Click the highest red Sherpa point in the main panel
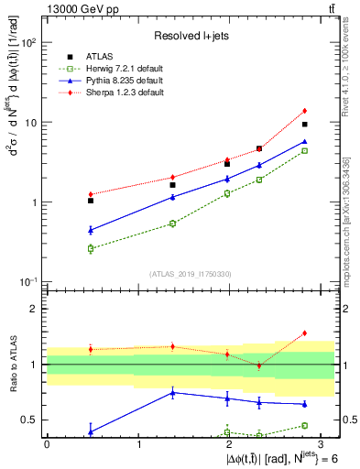(x=305, y=111)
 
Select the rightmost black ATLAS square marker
(x=305, y=124)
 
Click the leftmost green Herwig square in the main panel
(x=91, y=248)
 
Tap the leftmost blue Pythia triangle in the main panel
(x=91, y=230)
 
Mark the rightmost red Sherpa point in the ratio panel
(x=305, y=333)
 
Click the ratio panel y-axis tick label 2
(x=33, y=309)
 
